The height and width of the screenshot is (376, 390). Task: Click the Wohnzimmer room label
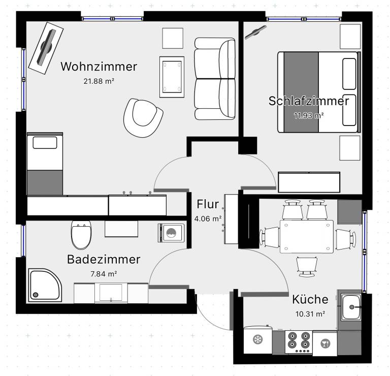tap(99, 67)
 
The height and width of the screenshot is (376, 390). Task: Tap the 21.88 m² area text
tap(99, 81)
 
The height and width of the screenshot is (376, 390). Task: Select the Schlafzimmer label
tap(309, 101)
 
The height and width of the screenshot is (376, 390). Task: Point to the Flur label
tap(208, 204)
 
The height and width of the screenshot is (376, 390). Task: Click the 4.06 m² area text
tap(208, 218)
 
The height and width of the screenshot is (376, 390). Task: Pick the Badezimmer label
tap(104, 259)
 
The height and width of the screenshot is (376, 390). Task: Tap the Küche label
tap(310, 299)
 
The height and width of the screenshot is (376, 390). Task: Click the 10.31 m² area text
tap(310, 314)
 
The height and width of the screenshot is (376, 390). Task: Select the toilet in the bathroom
tap(81, 235)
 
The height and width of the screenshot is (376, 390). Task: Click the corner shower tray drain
tap(36, 295)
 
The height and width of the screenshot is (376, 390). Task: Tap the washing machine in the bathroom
tap(171, 233)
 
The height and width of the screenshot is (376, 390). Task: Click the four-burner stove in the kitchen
tap(299, 342)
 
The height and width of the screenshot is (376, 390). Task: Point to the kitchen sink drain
tap(352, 307)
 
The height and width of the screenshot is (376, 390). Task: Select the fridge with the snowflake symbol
tap(258, 339)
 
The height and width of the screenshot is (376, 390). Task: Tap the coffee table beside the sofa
tap(172, 77)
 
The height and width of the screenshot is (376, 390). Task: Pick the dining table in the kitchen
tap(307, 236)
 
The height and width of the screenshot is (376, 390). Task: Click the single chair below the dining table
tap(307, 267)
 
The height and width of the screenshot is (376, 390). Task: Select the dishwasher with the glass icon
tap(325, 343)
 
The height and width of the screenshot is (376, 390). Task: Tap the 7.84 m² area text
tap(104, 274)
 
